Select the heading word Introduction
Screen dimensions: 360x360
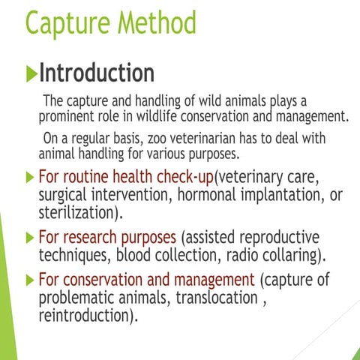coord(97,73)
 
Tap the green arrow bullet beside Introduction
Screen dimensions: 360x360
coord(31,73)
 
